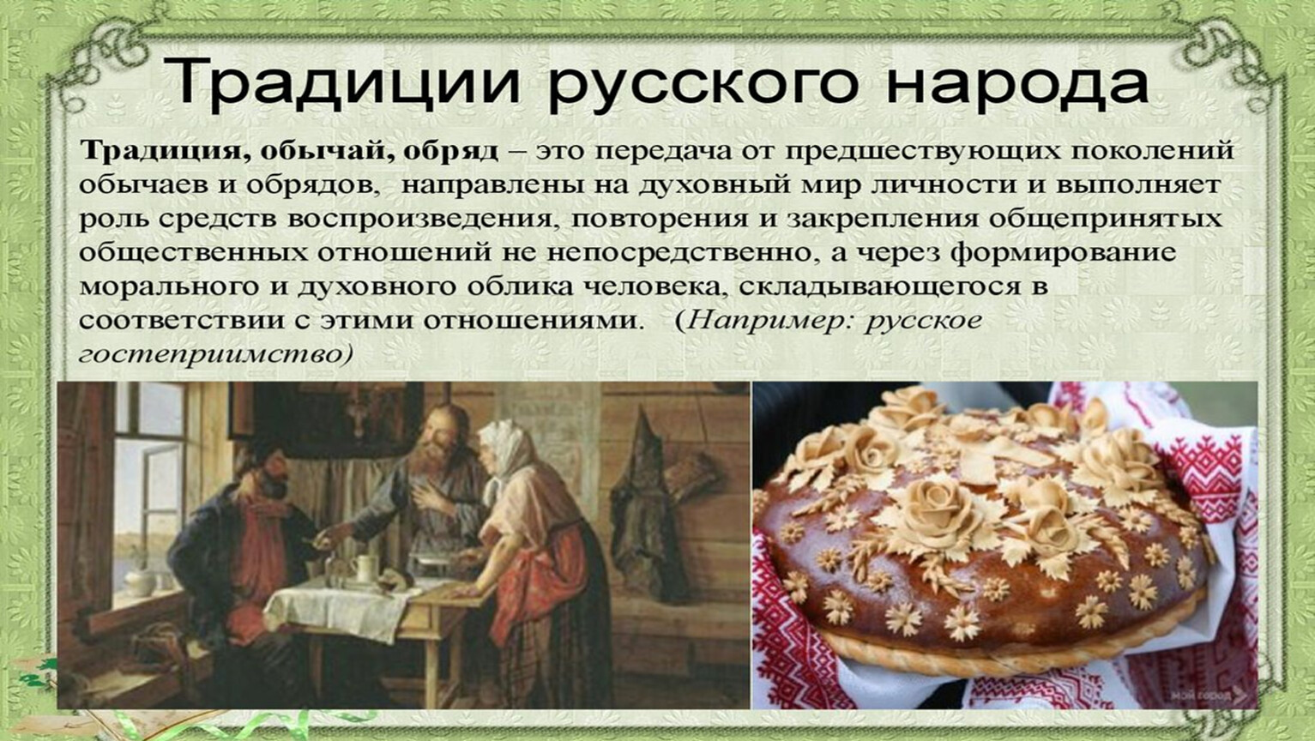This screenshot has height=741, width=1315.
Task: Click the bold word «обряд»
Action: (x=450, y=150)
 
